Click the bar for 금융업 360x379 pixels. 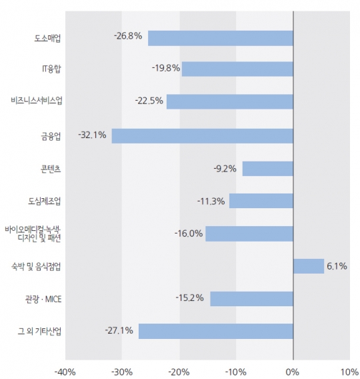[x=202, y=135]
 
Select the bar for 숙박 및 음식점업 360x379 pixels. [x=308, y=266]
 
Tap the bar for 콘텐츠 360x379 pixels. [x=267, y=168]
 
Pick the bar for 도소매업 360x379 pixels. [x=220, y=38]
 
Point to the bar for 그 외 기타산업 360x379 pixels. [x=215, y=331]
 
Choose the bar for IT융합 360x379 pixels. [x=237, y=69]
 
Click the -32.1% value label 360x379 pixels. [x=92, y=135]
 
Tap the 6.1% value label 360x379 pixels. [x=337, y=266]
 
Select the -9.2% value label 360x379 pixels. [x=225, y=168]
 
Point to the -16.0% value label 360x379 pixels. [x=189, y=234]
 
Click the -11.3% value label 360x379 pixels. [x=211, y=200]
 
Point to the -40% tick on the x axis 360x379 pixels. [x=65, y=370]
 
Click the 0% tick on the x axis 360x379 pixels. [x=293, y=370]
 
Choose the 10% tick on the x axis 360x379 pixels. [x=349, y=370]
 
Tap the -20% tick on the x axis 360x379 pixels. [x=179, y=370]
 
